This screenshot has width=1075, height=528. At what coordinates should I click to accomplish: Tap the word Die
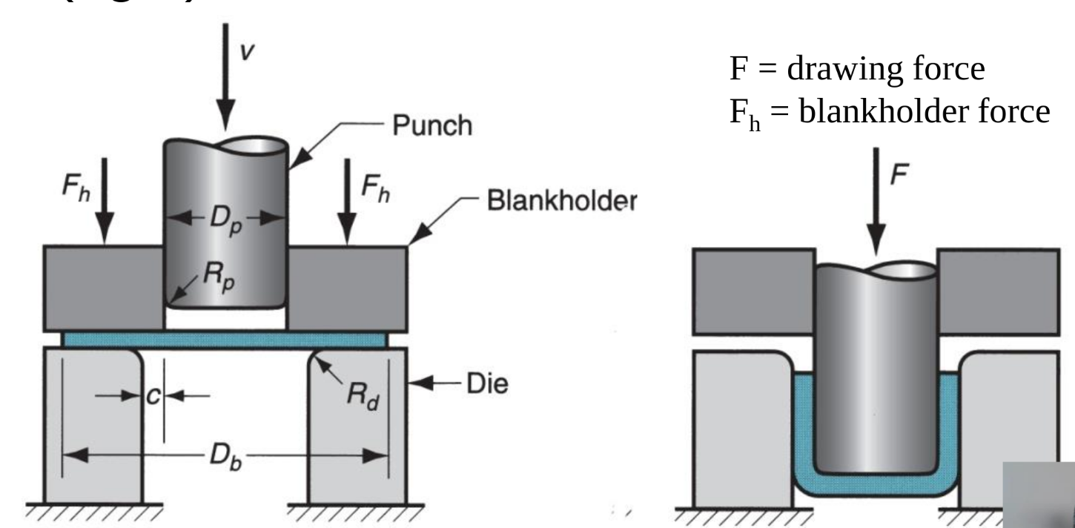(x=486, y=386)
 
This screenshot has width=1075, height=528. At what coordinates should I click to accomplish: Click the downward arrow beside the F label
(x=877, y=200)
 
